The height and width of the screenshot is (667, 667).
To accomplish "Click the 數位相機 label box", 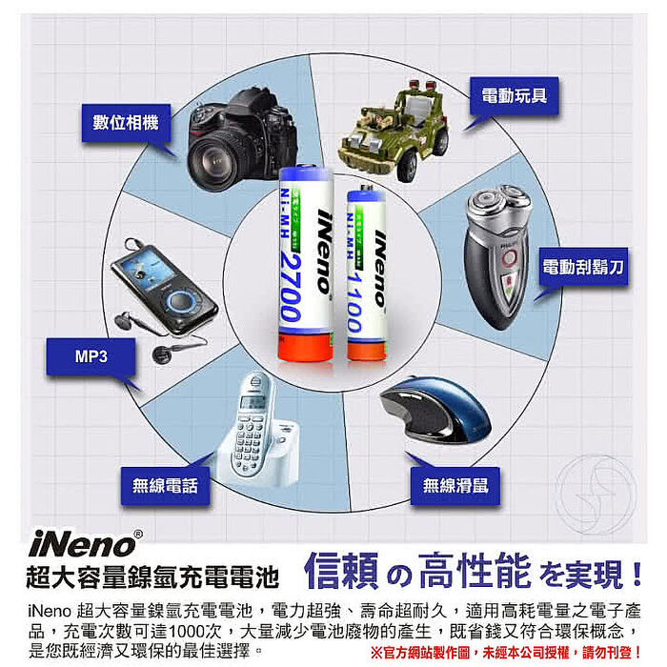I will tap(126, 123).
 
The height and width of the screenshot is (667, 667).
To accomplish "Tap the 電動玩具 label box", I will tap(515, 96).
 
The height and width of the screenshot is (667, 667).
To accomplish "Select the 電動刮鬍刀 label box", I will tap(583, 268).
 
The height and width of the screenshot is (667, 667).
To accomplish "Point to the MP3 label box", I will tap(90, 357).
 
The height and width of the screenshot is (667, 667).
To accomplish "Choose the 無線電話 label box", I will tap(165, 486).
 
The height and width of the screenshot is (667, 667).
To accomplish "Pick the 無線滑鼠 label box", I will tap(455, 486).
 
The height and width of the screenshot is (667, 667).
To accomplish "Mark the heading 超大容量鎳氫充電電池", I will tap(153, 576).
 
